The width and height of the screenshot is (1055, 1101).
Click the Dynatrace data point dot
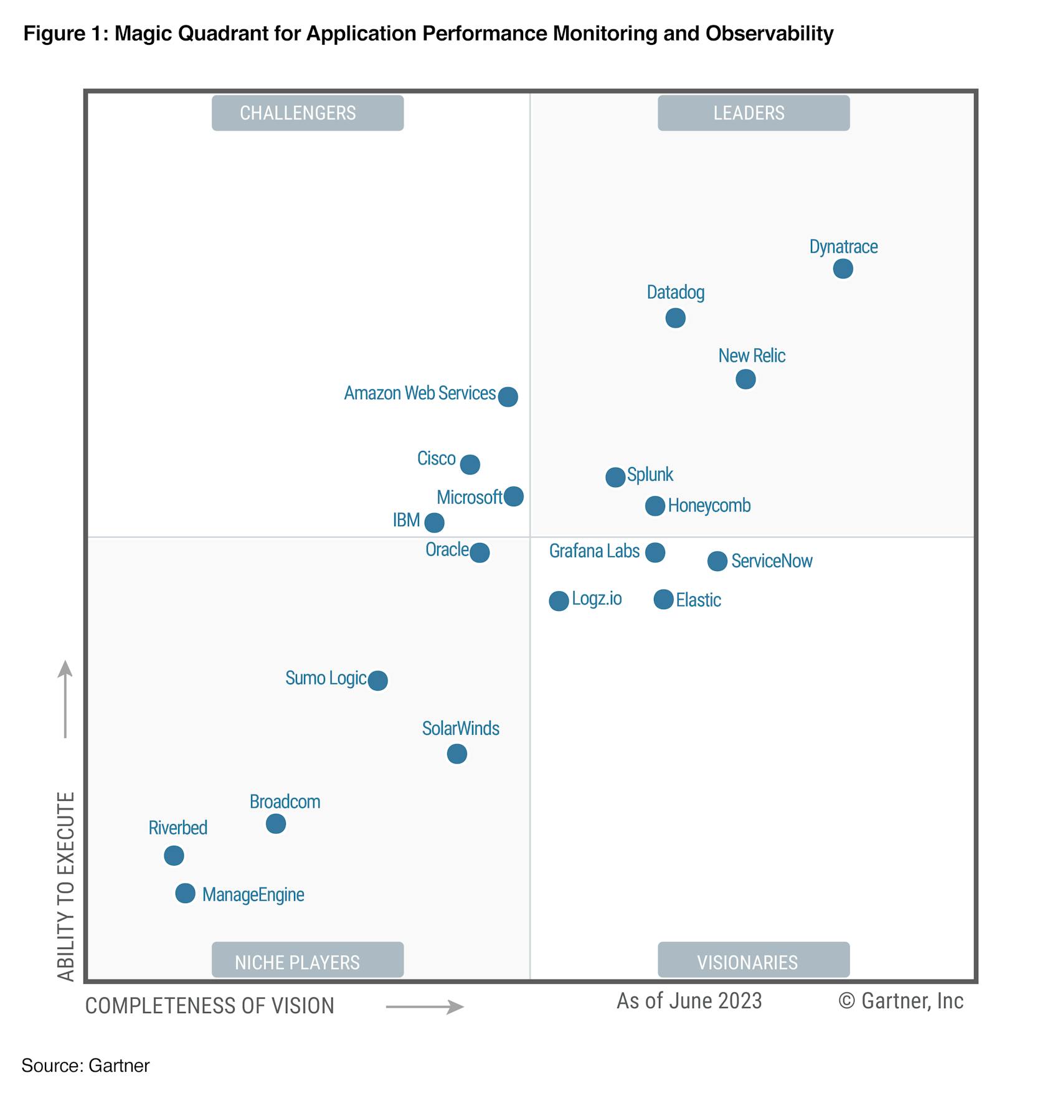pyautogui.click(x=843, y=269)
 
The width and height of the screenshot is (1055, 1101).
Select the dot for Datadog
pyautogui.click(x=675, y=318)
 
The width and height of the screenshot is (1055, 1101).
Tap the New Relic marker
pyautogui.click(x=745, y=379)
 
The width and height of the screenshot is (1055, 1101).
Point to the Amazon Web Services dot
pyautogui.click(x=508, y=397)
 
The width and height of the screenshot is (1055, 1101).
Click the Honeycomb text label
pyautogui.click(x=709, y=506)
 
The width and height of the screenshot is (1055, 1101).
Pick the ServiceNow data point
pyautogui.click(x=717, y=561)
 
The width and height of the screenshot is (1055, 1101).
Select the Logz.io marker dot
pyautogui.click(x=559, y=601)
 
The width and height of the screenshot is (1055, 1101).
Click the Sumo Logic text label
pyautogui.click(x=325, y=678)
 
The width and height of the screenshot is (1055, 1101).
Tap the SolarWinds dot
pyautogui.click(x=457, y=754)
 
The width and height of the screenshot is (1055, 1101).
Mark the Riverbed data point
pyautogui.click(x=174, y=856)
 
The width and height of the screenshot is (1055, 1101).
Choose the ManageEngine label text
pyautogui.click(x=253, y=895)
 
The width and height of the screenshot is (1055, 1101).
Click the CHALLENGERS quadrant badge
pyautogui.click(x=308, y=113)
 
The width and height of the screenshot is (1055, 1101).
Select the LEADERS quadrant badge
pyautogui.click(x=754, y=113)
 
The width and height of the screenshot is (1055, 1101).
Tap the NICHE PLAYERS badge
pyautogui.click(x=308, y=962)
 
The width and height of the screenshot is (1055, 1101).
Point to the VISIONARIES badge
pyautogui.click(x=754, y=962)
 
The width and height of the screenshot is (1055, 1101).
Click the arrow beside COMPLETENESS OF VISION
pyautogui.click(x=425, y=1007)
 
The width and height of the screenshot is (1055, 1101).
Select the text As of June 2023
pyautogui.click(x=689, y=1001)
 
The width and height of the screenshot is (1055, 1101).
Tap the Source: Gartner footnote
pyautogui.click(x=85, y=1066)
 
